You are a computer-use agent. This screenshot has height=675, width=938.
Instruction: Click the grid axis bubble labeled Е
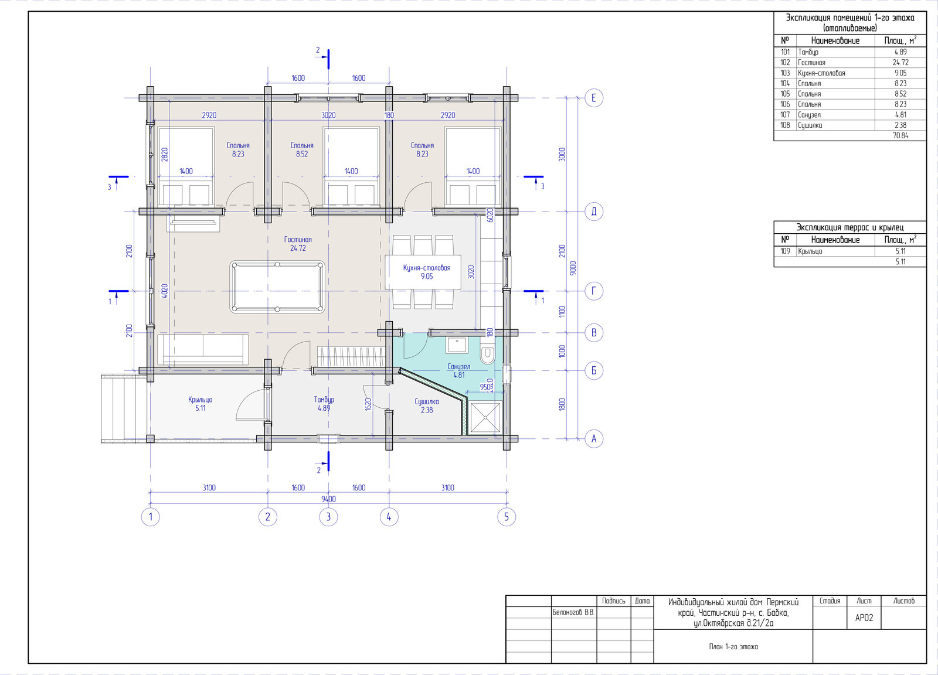tap(593, 98)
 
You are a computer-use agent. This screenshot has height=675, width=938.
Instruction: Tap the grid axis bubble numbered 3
tap(328, 517)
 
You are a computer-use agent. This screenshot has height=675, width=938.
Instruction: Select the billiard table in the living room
tap(277, 287)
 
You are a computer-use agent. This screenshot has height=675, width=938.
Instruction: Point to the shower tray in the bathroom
tap(485, 417)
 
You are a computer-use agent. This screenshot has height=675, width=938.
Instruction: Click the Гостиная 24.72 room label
tap(298, 244)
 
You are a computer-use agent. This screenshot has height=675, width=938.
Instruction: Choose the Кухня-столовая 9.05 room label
tap(427, 272)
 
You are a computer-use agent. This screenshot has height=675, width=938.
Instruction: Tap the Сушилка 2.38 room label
tap(427, 406)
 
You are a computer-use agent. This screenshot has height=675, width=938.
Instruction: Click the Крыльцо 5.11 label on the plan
tap(200, 404)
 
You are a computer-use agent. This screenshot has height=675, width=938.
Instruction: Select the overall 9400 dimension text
tap(328, 499)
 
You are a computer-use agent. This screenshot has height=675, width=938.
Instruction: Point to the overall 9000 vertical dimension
tap(573, 268)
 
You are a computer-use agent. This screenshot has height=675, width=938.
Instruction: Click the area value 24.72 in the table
tap(900, 62)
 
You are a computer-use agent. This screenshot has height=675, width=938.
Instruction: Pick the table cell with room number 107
tap(785, 115)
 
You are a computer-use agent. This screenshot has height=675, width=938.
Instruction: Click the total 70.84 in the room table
tap(900, 135)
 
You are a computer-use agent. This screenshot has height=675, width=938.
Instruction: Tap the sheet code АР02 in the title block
tap(864, 618)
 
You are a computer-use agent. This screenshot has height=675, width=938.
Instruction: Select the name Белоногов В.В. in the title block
tap(573, 612)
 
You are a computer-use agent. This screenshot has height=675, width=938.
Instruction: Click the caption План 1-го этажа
tap(733, 646)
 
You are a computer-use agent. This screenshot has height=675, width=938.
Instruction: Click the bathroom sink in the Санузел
tap(457, 345)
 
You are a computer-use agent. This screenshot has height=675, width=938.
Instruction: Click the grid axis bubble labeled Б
tap(593, 371)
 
